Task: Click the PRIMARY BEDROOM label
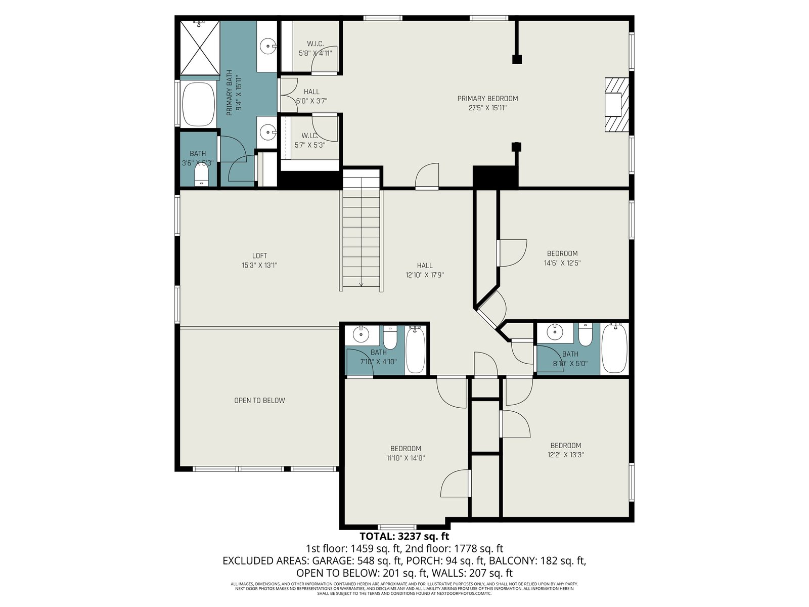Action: [487, 99]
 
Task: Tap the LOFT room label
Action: [259, 255]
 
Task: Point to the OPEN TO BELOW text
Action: [259, 400]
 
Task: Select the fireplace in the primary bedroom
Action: [616, 105]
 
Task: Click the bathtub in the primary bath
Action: [199, 104]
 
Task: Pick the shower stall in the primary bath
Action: [199, 48]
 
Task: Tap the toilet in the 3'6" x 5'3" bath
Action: [201, 177]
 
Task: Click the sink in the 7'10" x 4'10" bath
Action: [361, 334]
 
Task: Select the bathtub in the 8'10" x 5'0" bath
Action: [614, 349]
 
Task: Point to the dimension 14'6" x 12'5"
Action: [562, 263]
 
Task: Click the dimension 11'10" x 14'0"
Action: [406, 458]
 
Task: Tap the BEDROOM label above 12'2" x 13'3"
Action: [566, 445]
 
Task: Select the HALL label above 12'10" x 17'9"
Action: [425, 266]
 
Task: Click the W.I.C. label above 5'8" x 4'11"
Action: [315, 44]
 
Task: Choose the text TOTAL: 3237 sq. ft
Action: [404, 536]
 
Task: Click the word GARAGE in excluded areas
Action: [333, 560]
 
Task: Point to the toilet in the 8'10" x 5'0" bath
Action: [585, 335]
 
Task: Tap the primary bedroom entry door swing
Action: [428, 176]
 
